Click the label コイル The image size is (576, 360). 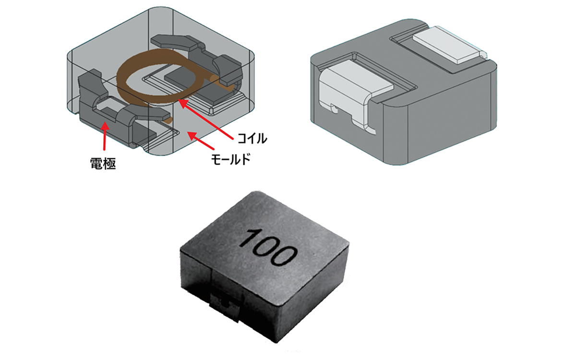coord(252,139)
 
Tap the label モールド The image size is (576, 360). coord(230,159)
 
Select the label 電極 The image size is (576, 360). coord(103,164)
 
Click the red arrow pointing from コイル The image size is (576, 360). coord(206,120)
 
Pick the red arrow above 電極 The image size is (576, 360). coord(105,136)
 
